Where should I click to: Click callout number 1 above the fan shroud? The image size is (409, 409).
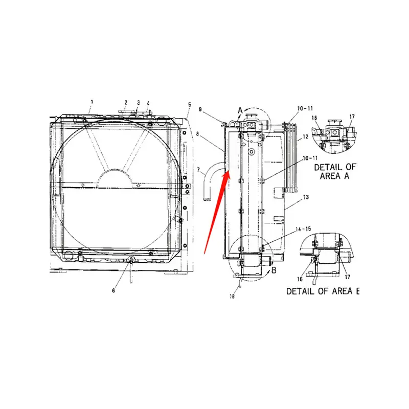92,102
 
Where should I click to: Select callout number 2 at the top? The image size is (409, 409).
126,102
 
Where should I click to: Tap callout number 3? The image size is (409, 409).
138,102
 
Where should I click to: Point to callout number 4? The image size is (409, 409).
148,103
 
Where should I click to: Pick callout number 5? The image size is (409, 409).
189,104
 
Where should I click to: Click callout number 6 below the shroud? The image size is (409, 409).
114,290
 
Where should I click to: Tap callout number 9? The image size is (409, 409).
201,109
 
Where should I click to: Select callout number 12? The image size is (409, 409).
306,137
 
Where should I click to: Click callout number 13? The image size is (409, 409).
306,197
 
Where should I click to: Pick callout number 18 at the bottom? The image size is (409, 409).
233,295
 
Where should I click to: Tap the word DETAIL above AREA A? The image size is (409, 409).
327,167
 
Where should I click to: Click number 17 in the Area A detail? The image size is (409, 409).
352,117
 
